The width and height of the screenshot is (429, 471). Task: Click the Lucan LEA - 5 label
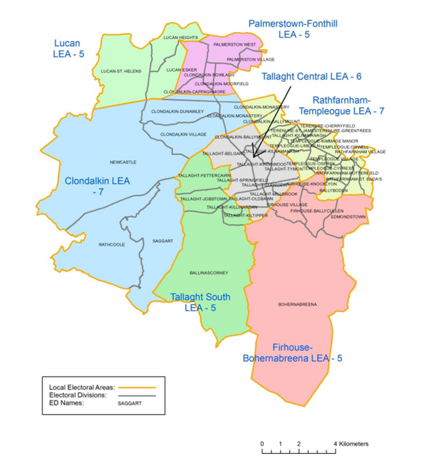[69, 48]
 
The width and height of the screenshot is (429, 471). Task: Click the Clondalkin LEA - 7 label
[97, 186]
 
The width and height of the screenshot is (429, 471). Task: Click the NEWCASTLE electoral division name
[123, 162]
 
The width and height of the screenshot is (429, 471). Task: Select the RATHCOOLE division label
[111, 244]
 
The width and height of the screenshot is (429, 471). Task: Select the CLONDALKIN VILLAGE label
[183, 134]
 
